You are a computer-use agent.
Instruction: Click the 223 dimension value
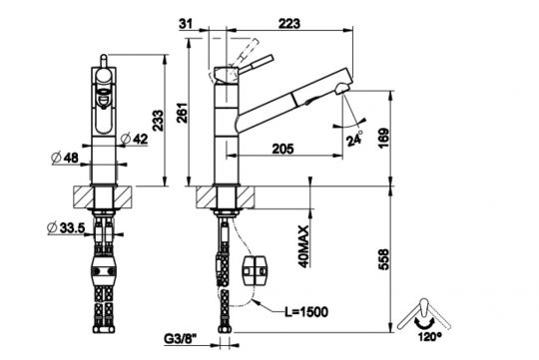pyautogui.click(x=288, y=23)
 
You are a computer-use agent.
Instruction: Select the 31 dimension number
pyautogui.click(x=186, y=23)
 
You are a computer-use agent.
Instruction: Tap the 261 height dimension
pyautogui.click(x=182, y=113)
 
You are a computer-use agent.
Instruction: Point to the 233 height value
pyautogui.click(x=158, y=121)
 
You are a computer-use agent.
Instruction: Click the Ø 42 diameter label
pyautogui.click(x=135, y=139)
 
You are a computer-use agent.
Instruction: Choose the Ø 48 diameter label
pyautogui.click(x=65, y=158)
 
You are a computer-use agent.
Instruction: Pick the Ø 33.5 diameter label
pyautogui.click(x=66, y=227)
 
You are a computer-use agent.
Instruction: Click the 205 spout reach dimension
pyautogui.click(x=282, y=149)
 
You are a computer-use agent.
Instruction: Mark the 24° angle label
pyautogui.click(x=354, y=138)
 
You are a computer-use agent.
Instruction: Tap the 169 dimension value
pyautogui.click(x=383, y=138)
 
